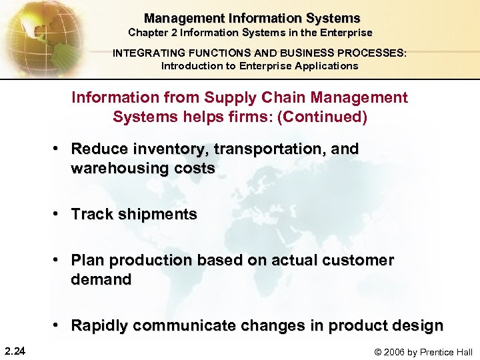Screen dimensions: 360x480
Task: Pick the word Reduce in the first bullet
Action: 95,149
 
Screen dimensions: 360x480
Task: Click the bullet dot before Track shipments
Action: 59,214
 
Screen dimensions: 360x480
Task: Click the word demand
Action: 101,279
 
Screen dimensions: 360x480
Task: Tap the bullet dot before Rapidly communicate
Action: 59,325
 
